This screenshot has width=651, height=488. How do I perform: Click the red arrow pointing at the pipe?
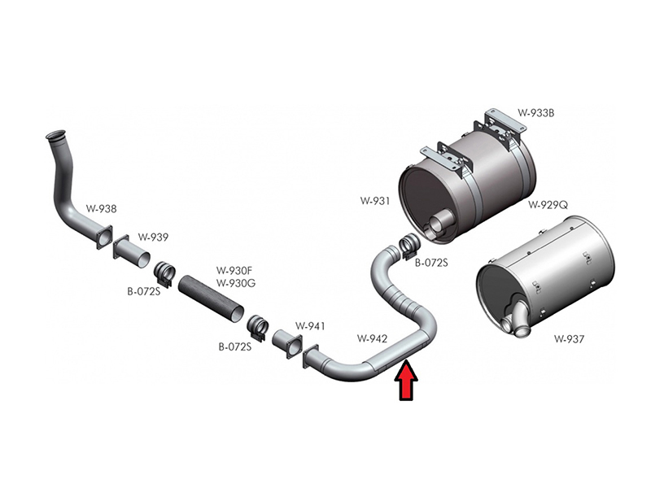pos(406,381)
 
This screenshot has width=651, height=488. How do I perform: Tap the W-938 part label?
pos(101,209)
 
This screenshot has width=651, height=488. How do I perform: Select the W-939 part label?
pos(153,237)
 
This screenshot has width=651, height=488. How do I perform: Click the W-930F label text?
pos(234,271)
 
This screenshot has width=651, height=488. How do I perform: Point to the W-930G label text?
pos(235,283)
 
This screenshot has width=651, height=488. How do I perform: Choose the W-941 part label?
pos(310,326)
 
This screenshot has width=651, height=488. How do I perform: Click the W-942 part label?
pos(372,338)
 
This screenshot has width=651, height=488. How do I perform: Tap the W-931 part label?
pos(375,201)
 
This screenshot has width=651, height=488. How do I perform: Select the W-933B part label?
pos(535,113)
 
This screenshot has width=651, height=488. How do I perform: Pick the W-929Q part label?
pos(548,205)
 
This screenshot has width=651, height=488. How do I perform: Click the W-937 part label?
pos(569,339)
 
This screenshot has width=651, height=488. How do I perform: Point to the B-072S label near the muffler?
pos(431,263)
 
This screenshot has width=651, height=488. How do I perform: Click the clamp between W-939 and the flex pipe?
pos(165,273)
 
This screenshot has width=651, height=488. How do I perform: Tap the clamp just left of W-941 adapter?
pos(258,328)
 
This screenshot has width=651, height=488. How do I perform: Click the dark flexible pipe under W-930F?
pos(212,298)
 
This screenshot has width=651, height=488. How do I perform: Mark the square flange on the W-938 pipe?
pos(104,237)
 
